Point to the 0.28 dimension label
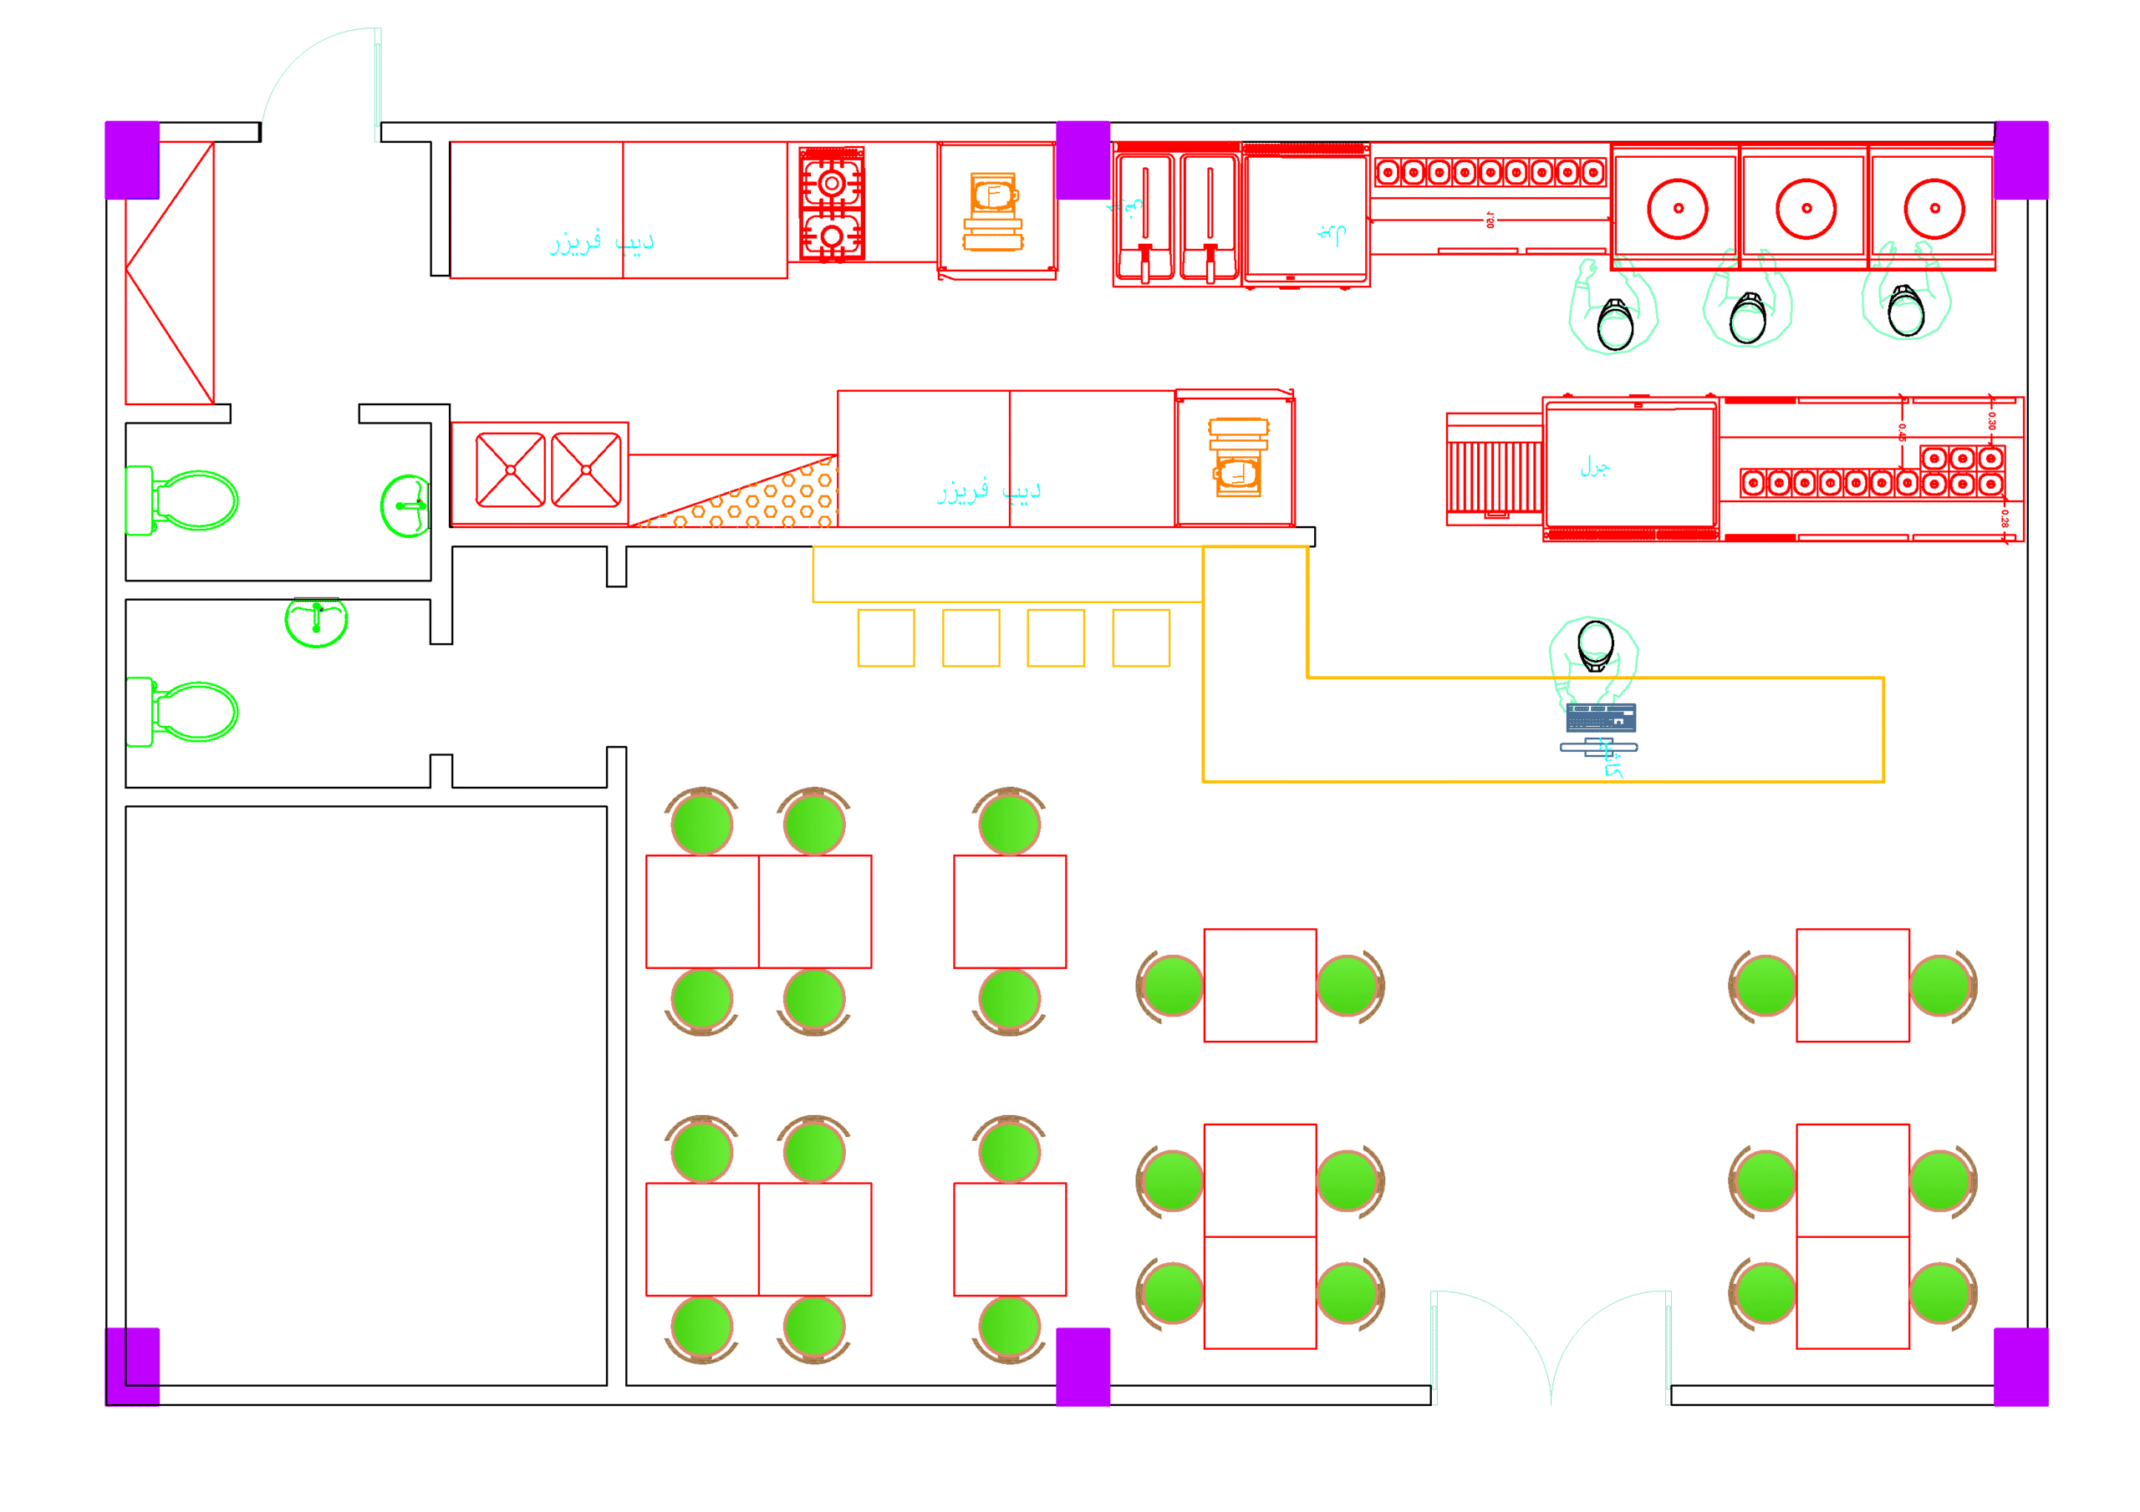click(2004, 518)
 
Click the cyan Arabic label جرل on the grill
click(1595, 467)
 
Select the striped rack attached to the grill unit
click(1493, 476)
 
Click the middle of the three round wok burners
click(1806, 209)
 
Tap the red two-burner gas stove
click(832, 204)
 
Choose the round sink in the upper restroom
click(406, 506)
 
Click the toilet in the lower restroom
click(186, 712)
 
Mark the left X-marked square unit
click(510, 470)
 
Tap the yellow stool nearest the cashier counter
click(1141, 638)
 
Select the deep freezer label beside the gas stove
click(601, 243)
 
